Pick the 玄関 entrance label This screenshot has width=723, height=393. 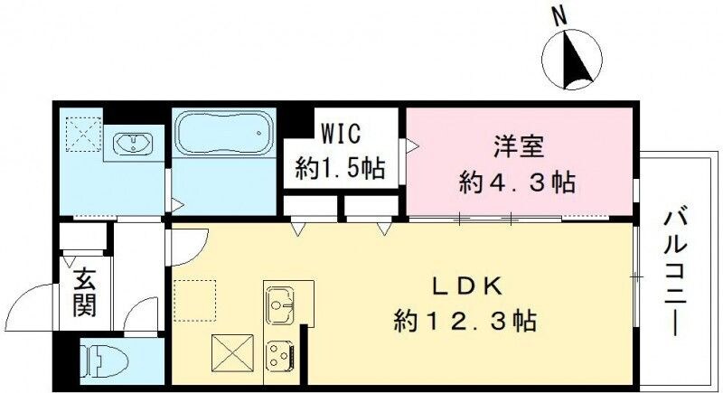83,292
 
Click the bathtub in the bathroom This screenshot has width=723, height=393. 221,136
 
